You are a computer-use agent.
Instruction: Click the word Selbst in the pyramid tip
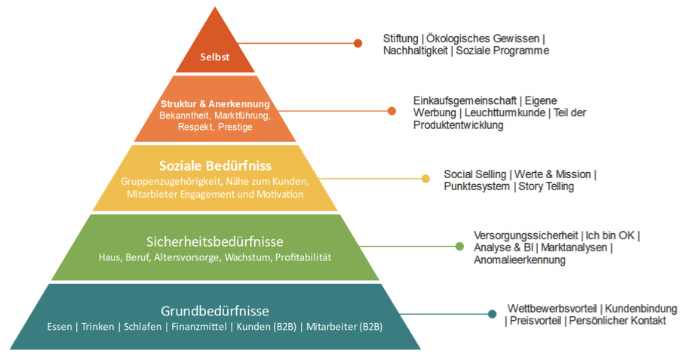click(x=215, y=56)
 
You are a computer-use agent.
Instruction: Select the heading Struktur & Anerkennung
click(x=215, y=103)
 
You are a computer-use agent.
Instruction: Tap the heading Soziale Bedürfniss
click(x=215, y=165)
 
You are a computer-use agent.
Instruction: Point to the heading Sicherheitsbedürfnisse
click(x=215, y=242)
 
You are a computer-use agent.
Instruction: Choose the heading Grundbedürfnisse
click(x=215, y=311)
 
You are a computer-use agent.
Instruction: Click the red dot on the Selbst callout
click(x=358, y=43)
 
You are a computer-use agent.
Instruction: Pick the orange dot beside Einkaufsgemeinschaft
click(x=392, y=111)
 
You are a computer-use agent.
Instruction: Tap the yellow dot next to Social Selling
click(x=425, y=179)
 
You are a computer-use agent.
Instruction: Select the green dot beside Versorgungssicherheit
click(x=459, y=246)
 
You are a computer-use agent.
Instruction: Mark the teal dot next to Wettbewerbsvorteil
click(x=493, y=314)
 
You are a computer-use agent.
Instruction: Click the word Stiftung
click(x=401, y=38)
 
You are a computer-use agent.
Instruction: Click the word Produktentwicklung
click(x=458, y=125)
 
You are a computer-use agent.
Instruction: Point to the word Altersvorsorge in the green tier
click(x=186, y=257)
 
